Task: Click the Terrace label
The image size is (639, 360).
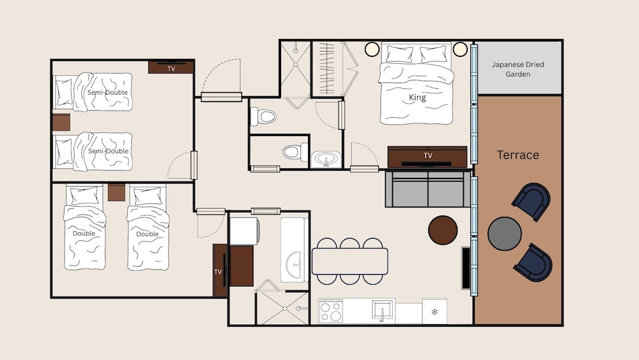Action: [518, 155]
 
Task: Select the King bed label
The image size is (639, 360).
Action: [417, 98]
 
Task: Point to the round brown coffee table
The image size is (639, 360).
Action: [443, 230]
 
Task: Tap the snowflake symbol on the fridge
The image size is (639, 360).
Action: [435, 311]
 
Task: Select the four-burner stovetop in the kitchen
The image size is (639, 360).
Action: [330, 311]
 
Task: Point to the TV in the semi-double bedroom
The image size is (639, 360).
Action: [171, 67]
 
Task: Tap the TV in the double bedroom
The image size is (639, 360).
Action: [219, 270]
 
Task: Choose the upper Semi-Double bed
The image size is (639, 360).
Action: [93, 92]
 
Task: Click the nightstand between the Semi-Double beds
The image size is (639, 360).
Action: [61, 121]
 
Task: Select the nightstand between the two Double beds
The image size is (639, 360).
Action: [116, 192]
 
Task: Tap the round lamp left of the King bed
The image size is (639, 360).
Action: [372, 49]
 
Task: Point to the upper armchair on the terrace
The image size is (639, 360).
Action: [532, 201]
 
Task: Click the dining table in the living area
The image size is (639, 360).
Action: [350, 261]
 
